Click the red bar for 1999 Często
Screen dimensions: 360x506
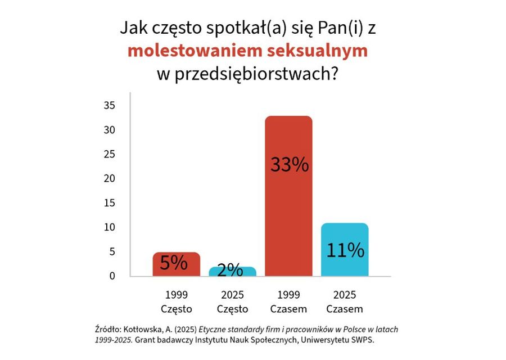[x=176, y=264]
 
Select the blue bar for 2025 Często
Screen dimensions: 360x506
[x=232, y=272]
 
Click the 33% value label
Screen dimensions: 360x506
[x=289, y=165]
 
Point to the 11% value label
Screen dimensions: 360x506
[x=345, y=250]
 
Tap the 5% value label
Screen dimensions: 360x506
[x=174, y=263]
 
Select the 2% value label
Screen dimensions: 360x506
[x=230, y=271]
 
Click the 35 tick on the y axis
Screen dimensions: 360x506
[x=110, y=106]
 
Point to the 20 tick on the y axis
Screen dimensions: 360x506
[x=110, y=178]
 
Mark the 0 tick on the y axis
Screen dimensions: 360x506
[x=112, y=276]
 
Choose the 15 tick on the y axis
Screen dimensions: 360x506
[x=110, y=203]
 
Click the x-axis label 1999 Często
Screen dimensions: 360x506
[x=177, y=302]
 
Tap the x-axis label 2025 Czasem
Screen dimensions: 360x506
[x=345, y=302]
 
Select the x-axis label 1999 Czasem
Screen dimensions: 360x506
[x=288, y=302]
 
